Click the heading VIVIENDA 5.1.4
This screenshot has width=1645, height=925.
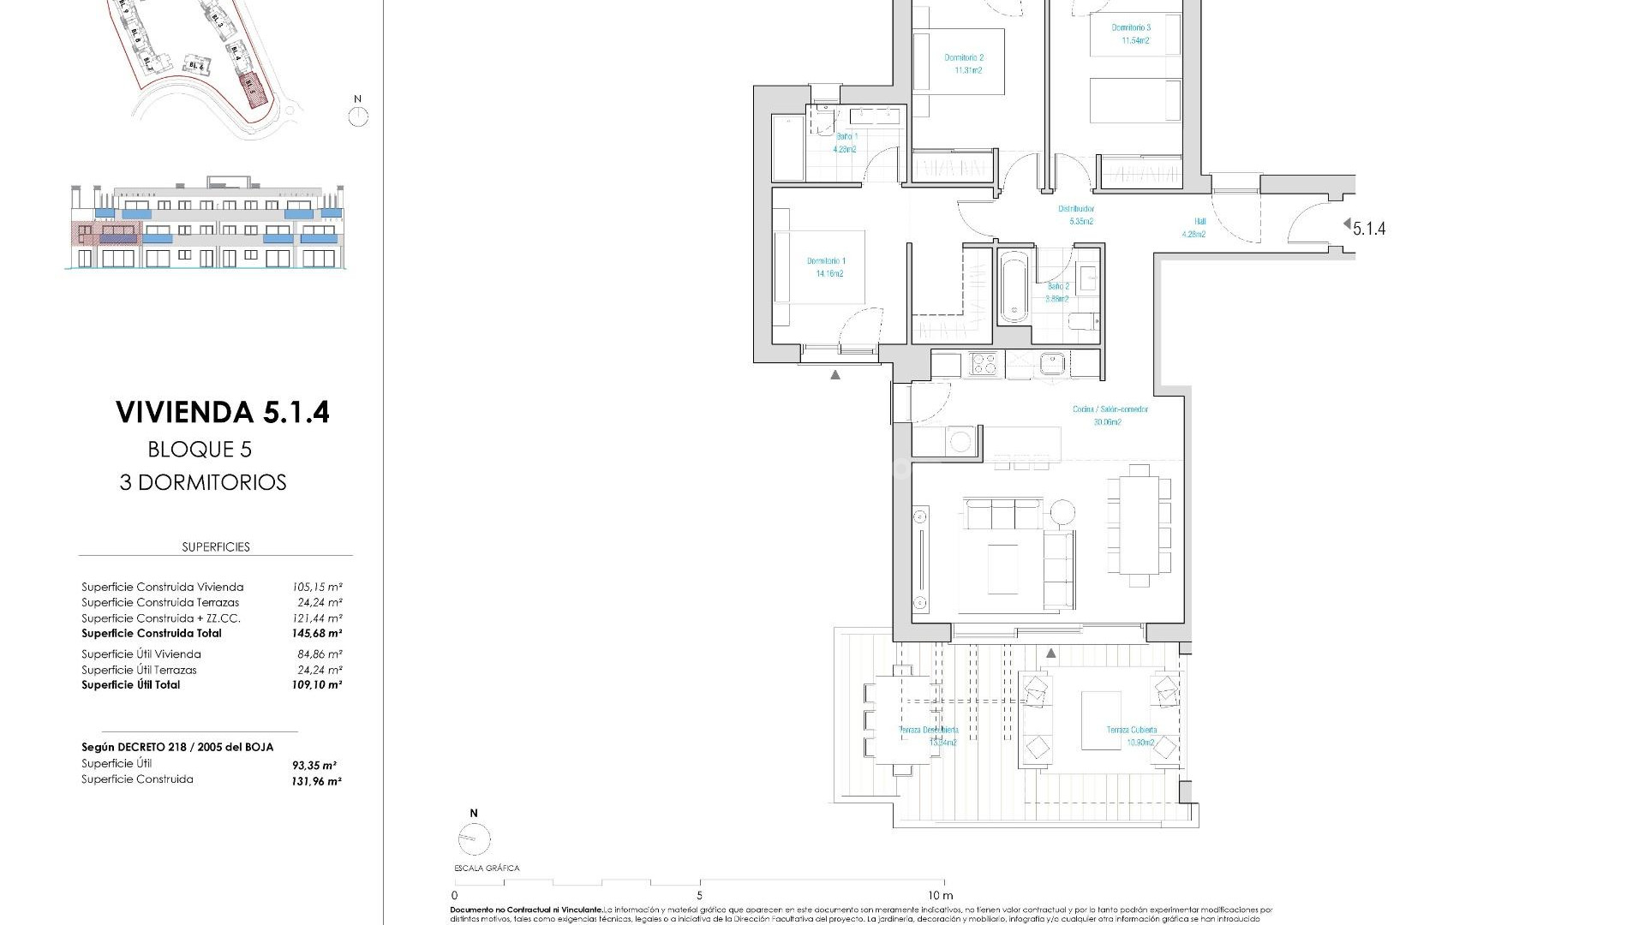click(223, 412)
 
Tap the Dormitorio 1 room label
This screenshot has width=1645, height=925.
click(825, 267)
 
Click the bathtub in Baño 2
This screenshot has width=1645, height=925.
click(1014, 286)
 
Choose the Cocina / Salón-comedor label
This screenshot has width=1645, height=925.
click(1110, 415)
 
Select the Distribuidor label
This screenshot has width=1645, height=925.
click(1075, 214)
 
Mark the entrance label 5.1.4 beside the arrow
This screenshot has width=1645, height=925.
click(1368, 228)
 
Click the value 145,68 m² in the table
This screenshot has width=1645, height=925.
click(316, 634)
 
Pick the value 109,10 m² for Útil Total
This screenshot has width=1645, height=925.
click(316, 685)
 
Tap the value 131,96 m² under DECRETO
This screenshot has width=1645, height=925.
click(316, 781)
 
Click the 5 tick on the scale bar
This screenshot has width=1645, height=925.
click(699, 896)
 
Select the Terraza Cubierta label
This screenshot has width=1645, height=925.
click(1131, 736)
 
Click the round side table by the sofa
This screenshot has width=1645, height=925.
click(1062, 511)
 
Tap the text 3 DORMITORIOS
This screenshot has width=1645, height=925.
click(203, 482)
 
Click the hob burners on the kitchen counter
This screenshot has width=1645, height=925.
click(984, 363)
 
